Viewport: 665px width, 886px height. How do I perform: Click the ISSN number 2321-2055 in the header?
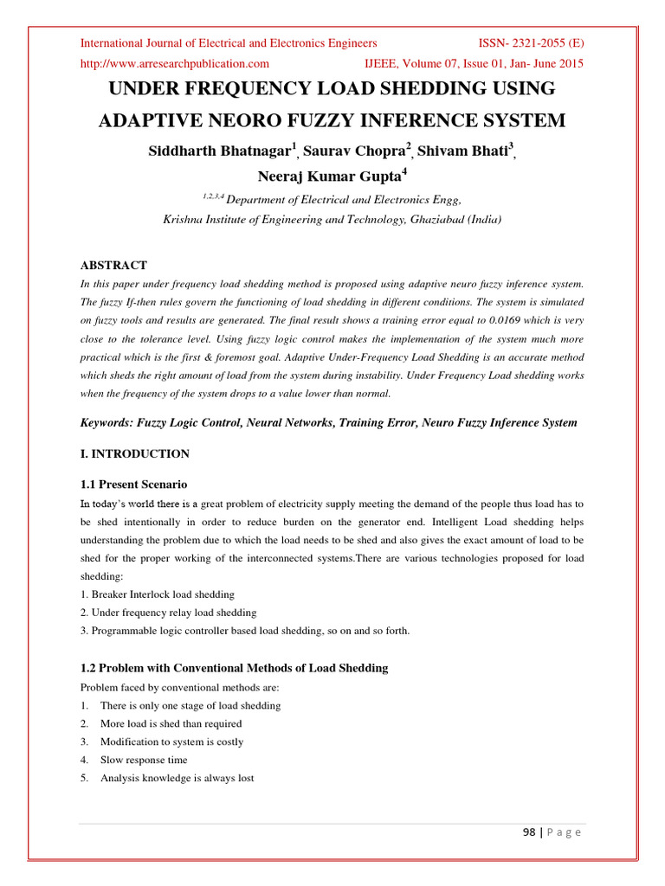click(537, 42)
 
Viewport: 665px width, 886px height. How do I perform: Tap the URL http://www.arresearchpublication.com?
click(174, 63)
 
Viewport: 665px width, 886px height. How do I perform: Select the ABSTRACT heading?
click(113, 266)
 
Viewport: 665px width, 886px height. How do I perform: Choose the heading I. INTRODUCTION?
click(134, 453)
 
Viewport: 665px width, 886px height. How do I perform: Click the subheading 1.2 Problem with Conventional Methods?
click(234, 668)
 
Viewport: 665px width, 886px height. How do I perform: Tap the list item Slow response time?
click(143, 760)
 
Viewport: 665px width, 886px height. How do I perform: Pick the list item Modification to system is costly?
click(171, 742)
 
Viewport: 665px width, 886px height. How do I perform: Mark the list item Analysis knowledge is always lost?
click(177, 778)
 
